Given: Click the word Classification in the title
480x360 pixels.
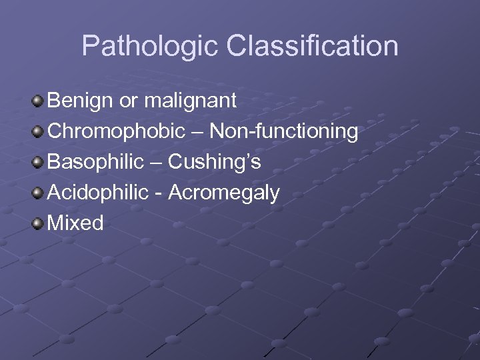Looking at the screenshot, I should pyautogui.click(x=313, y=47).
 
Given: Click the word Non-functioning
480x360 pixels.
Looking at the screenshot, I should pyautogui.click(x=284, y=131).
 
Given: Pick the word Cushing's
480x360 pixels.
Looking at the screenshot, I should pyautogui.click(x=215, y=162).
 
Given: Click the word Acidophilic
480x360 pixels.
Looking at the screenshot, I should pyautogui.click(x=98, y=193).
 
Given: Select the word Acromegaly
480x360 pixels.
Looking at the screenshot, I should pyautogui.click(x=224, y=193).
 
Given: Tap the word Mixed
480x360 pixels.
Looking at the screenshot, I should pyautogui.click(x=75, y=223).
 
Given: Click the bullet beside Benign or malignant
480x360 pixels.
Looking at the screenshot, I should pyautogui.click(x=37, y=101).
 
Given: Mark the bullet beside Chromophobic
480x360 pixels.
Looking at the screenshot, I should pyautogui.click(x=37, y=132).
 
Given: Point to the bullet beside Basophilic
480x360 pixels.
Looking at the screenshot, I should pyautogui.click(x=37, y=163).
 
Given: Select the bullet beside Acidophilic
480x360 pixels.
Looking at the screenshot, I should pyautogui.click(x=37, y=193).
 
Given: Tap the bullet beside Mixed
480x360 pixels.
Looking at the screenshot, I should pyautogui.click(x=37, y=224).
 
